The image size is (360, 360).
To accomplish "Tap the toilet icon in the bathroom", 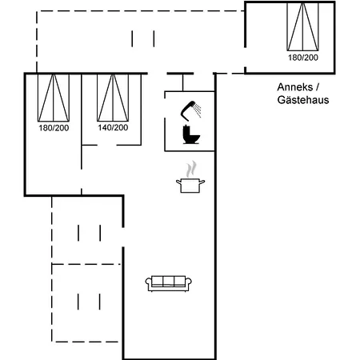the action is (191, 135).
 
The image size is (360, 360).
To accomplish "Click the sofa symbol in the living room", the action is (169, 283).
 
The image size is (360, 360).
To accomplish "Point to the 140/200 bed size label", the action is (113, 128).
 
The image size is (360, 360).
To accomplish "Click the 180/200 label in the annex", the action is (303, 58).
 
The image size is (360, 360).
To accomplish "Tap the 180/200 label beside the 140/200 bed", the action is (54, 128).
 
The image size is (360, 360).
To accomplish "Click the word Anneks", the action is (294, 87).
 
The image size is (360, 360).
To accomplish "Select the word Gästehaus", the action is (303, 100).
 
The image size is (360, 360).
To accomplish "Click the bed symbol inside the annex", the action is (302, 26).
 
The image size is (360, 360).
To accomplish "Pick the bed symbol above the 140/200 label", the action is (113, 98).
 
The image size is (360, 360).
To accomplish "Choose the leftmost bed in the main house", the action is (54, 98).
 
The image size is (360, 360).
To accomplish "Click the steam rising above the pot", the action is (191, 169).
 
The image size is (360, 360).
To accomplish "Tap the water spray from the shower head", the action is (198, 110).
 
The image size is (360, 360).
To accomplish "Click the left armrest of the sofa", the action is (148, 282).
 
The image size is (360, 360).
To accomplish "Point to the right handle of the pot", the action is (202, 182).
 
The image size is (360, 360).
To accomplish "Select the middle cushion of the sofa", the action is (169, 281).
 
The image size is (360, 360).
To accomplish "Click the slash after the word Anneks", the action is (318, 87).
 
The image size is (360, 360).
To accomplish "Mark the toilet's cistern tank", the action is (186, 131).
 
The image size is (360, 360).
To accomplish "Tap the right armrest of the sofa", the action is (189, 282).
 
